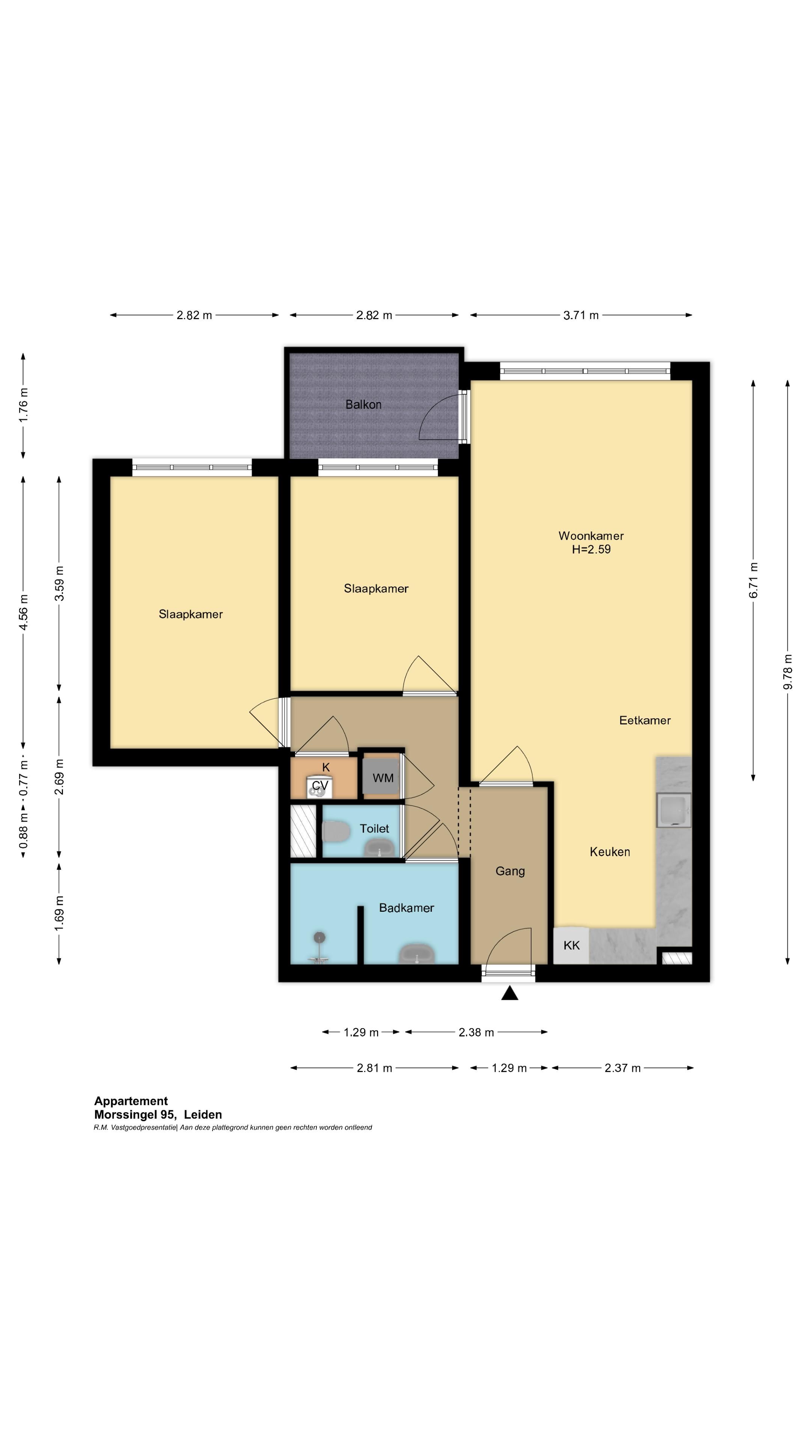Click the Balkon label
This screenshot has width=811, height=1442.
(x=363, y=404)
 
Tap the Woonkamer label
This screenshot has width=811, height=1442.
(x=591, y=536)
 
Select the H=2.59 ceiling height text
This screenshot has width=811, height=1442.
(x=591, y=549)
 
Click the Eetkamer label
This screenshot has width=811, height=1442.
(x=645, y=721)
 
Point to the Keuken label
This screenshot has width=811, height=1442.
(x=610, y=851)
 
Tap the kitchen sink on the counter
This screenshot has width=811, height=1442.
(x=674, y=810)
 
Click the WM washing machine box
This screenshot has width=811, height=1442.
(x=383, y=778)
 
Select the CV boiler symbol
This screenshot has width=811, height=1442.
(x=320, y=787)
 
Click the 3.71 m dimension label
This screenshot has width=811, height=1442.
(x=581, y=315)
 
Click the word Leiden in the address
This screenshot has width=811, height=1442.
(x=203, y=1115)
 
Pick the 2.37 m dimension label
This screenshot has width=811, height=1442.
(x=623, y=1068)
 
